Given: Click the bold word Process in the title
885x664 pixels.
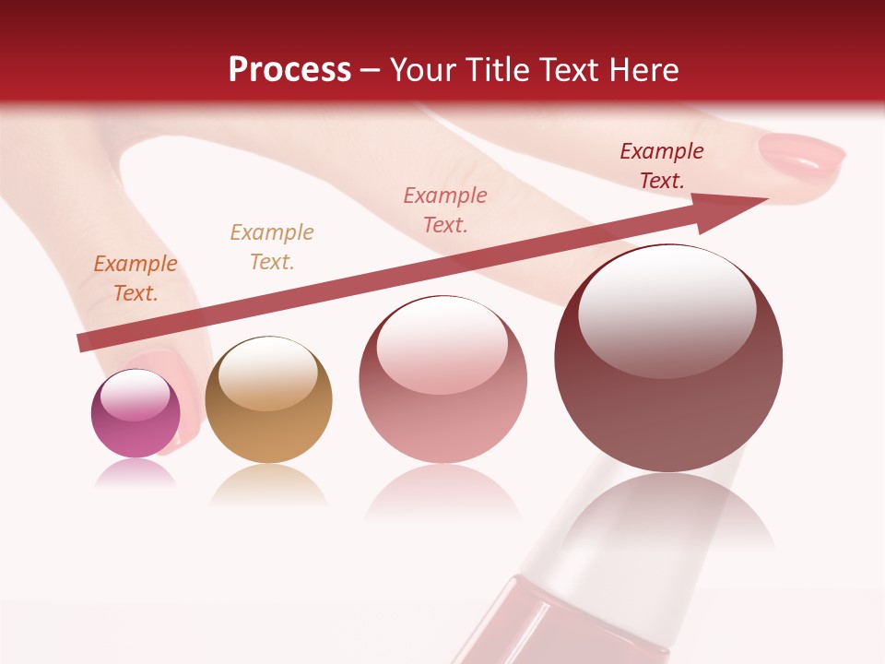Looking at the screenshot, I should (x=289, y=70).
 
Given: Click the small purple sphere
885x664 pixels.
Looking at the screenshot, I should (x=136, y=414).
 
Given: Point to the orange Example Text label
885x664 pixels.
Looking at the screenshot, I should (x=136, y=278).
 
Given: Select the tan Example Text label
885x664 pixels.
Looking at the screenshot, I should (x=272, y=246).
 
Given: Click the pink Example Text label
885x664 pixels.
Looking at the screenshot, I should (x=445, y=209).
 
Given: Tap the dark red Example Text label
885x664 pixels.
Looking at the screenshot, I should (x=662, y=166).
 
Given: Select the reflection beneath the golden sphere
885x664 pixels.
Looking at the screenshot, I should (x=268, y=484).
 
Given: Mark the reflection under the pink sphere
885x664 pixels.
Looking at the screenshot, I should (x=442, y=498).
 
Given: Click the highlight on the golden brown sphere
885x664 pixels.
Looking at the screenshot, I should (x=267, y=373).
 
